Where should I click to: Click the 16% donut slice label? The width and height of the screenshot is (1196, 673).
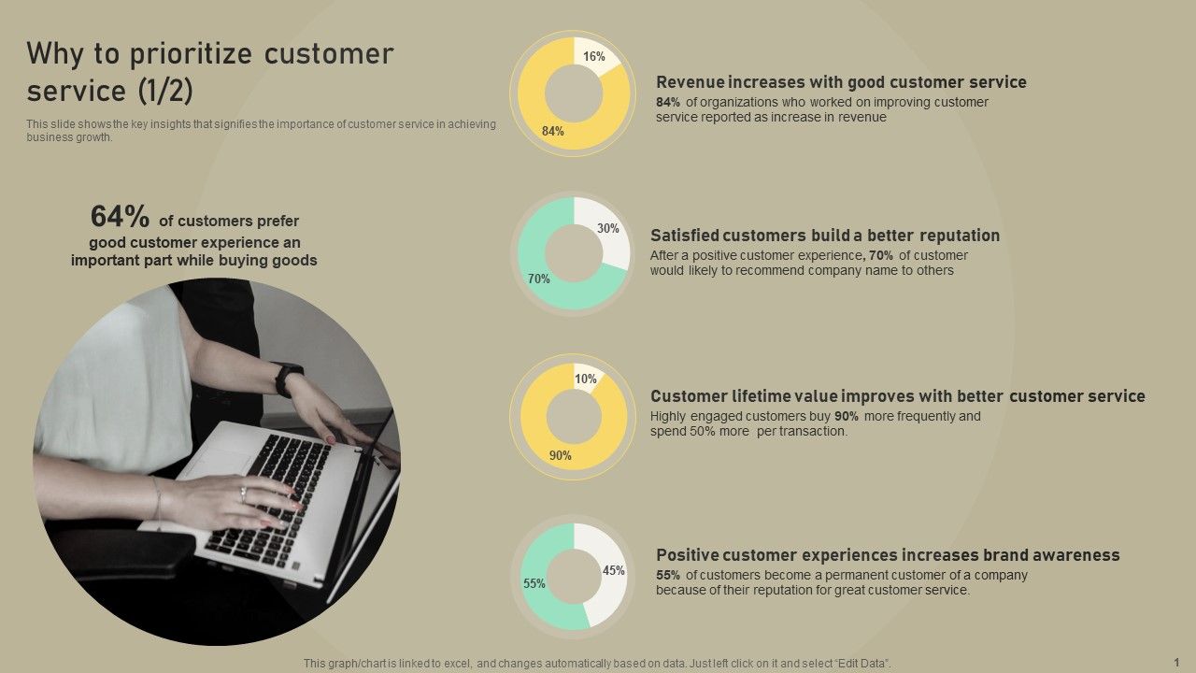tap(594, 57)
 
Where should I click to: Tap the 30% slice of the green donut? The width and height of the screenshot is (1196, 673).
tap(608, 228)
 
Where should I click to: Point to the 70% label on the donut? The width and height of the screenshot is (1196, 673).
tap(539, 279)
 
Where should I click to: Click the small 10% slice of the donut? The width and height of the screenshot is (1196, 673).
tap(586, 379)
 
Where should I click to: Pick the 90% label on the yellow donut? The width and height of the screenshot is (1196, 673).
tap(561, 456)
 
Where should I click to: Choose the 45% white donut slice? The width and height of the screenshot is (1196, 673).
tap(614, 570)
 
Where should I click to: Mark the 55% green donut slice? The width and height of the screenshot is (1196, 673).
tap(534, 583)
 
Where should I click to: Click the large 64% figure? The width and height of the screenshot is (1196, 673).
tap(120, 217)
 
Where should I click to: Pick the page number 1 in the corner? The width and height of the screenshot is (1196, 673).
tap(1176, 662)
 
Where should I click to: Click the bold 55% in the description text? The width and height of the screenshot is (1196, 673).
tap(668, 576)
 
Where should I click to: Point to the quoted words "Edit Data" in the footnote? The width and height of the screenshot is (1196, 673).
tap(861, 663)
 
